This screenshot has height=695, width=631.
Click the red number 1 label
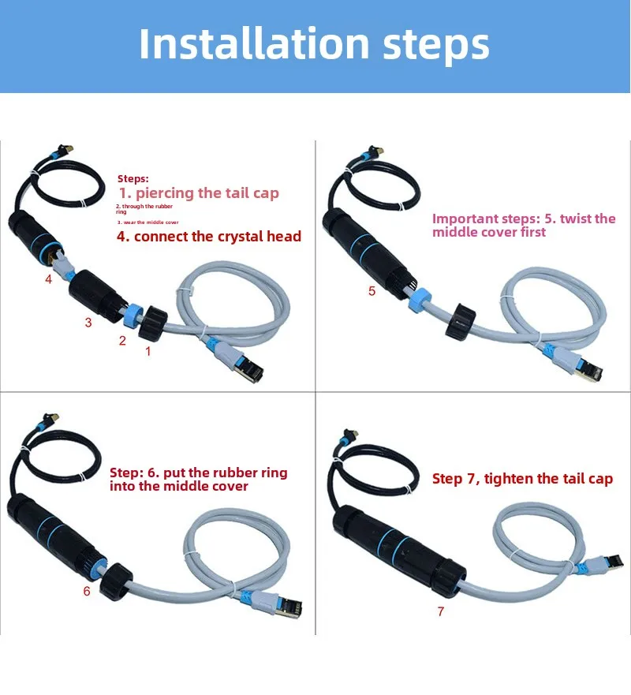(x=147, y=352)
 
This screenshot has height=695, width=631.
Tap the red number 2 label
(x=122, y=341)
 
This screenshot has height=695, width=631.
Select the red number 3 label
(x=88, y=322)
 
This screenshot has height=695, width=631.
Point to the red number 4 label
(x=48, y=278)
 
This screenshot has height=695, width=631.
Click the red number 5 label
(x=372, y=291)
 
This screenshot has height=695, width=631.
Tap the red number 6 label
(x=87, y=591)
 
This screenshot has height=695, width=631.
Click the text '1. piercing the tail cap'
(x=199, y=193)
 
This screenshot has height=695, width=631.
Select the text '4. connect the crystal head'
(x=209, y=237)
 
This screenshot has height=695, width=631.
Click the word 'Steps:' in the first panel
(x=133, y=179)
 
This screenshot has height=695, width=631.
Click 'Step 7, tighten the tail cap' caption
(x=521, y=479)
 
